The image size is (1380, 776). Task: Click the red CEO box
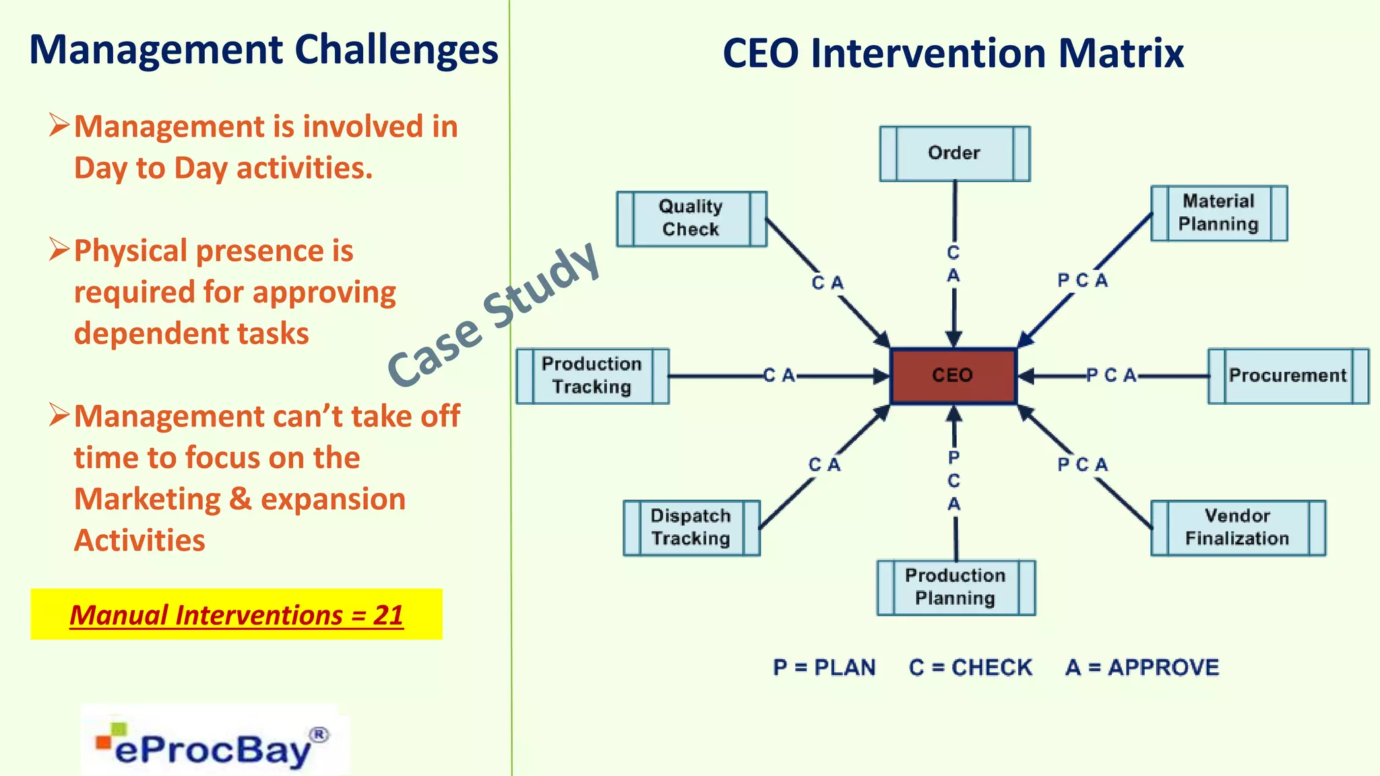953,376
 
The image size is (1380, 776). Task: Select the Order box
954,154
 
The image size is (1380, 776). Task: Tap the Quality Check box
691,218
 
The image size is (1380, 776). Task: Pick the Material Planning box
1218,213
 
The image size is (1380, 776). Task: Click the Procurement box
1288,376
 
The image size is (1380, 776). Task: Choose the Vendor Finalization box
1237,527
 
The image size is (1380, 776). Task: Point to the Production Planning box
955,587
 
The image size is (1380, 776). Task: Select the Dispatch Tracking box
691,527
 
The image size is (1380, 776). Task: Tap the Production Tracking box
592,376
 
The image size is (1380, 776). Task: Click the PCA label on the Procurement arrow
1111,375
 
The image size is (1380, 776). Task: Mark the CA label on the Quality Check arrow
827,283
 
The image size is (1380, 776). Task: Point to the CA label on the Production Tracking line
780,375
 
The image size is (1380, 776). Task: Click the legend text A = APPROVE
1142,668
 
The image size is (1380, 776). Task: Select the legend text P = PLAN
824,668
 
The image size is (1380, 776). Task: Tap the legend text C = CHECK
970,668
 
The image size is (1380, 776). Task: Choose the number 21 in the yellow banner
389,615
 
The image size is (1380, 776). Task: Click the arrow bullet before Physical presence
59,250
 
